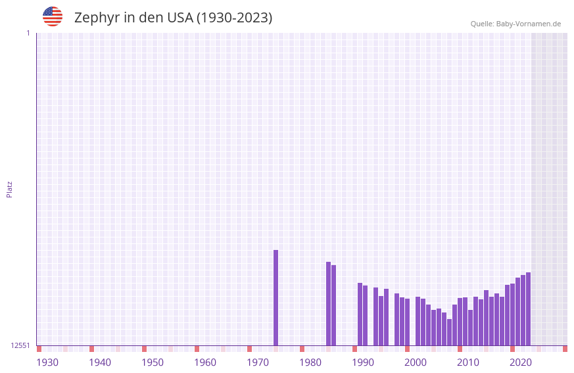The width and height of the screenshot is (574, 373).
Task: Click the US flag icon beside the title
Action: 53,16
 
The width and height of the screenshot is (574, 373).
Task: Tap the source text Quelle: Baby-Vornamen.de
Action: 515,24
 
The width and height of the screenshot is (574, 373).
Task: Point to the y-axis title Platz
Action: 9,189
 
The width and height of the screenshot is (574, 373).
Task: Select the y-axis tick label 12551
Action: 20,345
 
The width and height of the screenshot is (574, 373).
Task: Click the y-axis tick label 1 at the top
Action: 28,33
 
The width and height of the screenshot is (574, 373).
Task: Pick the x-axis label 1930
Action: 47,362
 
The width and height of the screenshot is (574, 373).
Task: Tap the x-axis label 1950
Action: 153,362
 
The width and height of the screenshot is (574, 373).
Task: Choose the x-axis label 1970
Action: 258,362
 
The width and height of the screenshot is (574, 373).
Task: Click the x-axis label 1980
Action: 310,362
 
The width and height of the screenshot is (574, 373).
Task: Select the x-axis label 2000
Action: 416,362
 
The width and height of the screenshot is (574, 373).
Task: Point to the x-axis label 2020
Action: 521,362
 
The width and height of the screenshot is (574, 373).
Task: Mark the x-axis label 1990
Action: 363,362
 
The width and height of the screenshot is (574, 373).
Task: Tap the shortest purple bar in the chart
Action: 449,332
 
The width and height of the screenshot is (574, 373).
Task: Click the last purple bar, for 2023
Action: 528,309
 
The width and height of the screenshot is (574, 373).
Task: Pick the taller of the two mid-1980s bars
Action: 328,303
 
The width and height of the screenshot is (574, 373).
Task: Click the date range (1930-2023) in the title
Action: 234,18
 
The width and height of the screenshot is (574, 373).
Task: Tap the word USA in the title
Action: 180,18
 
